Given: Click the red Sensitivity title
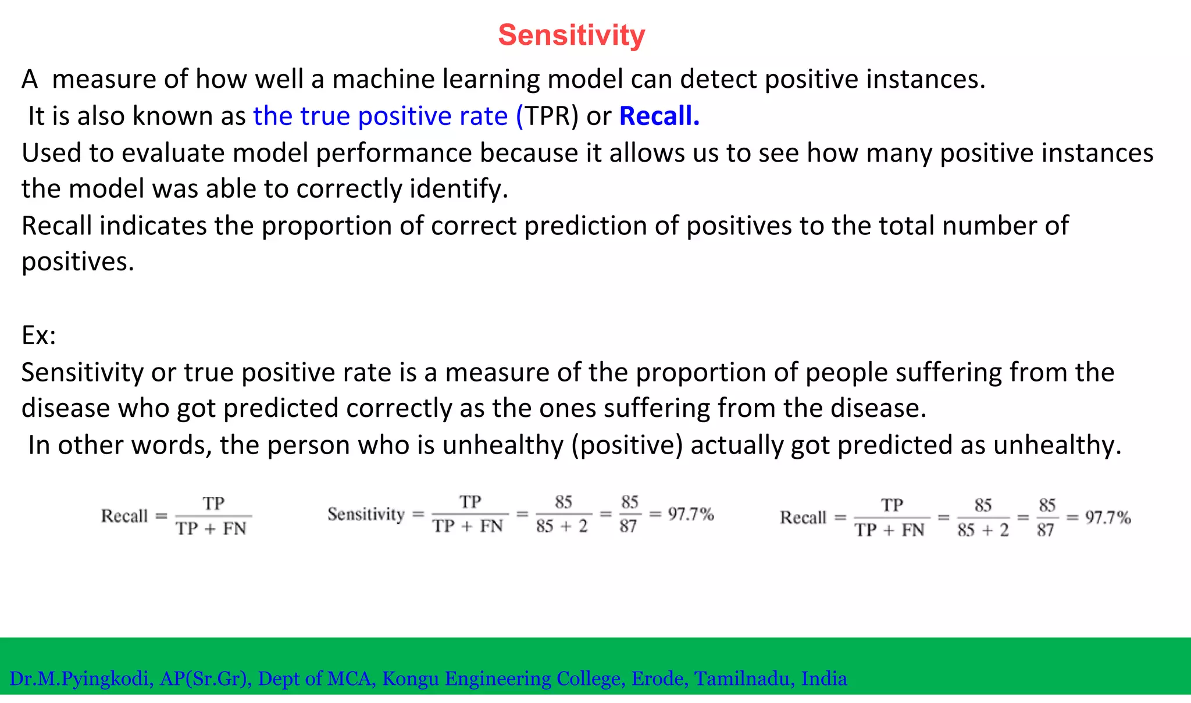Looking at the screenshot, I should coord(571,35).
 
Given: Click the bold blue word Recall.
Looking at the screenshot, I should coord(659,116).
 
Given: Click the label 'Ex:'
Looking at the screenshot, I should coord(38,336).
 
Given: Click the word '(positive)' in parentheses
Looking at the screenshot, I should coord(627,445).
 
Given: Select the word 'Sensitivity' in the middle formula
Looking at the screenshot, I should coord(366,515).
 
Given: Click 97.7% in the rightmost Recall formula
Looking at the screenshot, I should coord(1107,518).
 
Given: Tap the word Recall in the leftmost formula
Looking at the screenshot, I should coord(124,516).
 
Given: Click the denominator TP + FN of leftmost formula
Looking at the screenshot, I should coord(212,529).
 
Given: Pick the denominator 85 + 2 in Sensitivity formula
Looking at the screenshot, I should coord(562,527).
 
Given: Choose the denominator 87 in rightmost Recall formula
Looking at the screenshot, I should coord(1045,530).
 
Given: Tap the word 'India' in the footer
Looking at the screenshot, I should coord(823,679).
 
